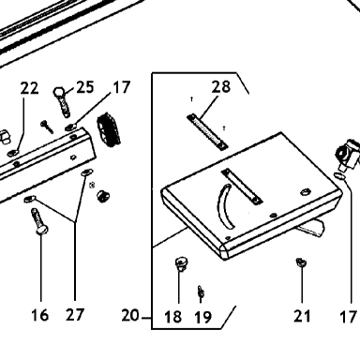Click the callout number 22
pos(30,88)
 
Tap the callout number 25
pos(85,86)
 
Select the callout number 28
pos(221,86)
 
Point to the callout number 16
pos(40,315)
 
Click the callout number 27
pos(75,315)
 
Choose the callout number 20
pos(130,315)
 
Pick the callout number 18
pos(172,317)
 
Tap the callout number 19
pos(202,318)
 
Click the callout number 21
pos(302,316)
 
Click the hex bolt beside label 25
pos(63,102)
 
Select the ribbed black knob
pos(109,129)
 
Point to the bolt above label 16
pos(39,221)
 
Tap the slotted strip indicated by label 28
pos(207,132)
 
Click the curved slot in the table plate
pos(226,206)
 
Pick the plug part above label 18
pos(181,264)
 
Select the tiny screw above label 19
pos(201,292)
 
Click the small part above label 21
pos(301,262)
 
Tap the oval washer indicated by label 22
pos(14,153)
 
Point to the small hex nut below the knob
pos(102,196)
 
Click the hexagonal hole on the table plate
pos(305,191)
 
